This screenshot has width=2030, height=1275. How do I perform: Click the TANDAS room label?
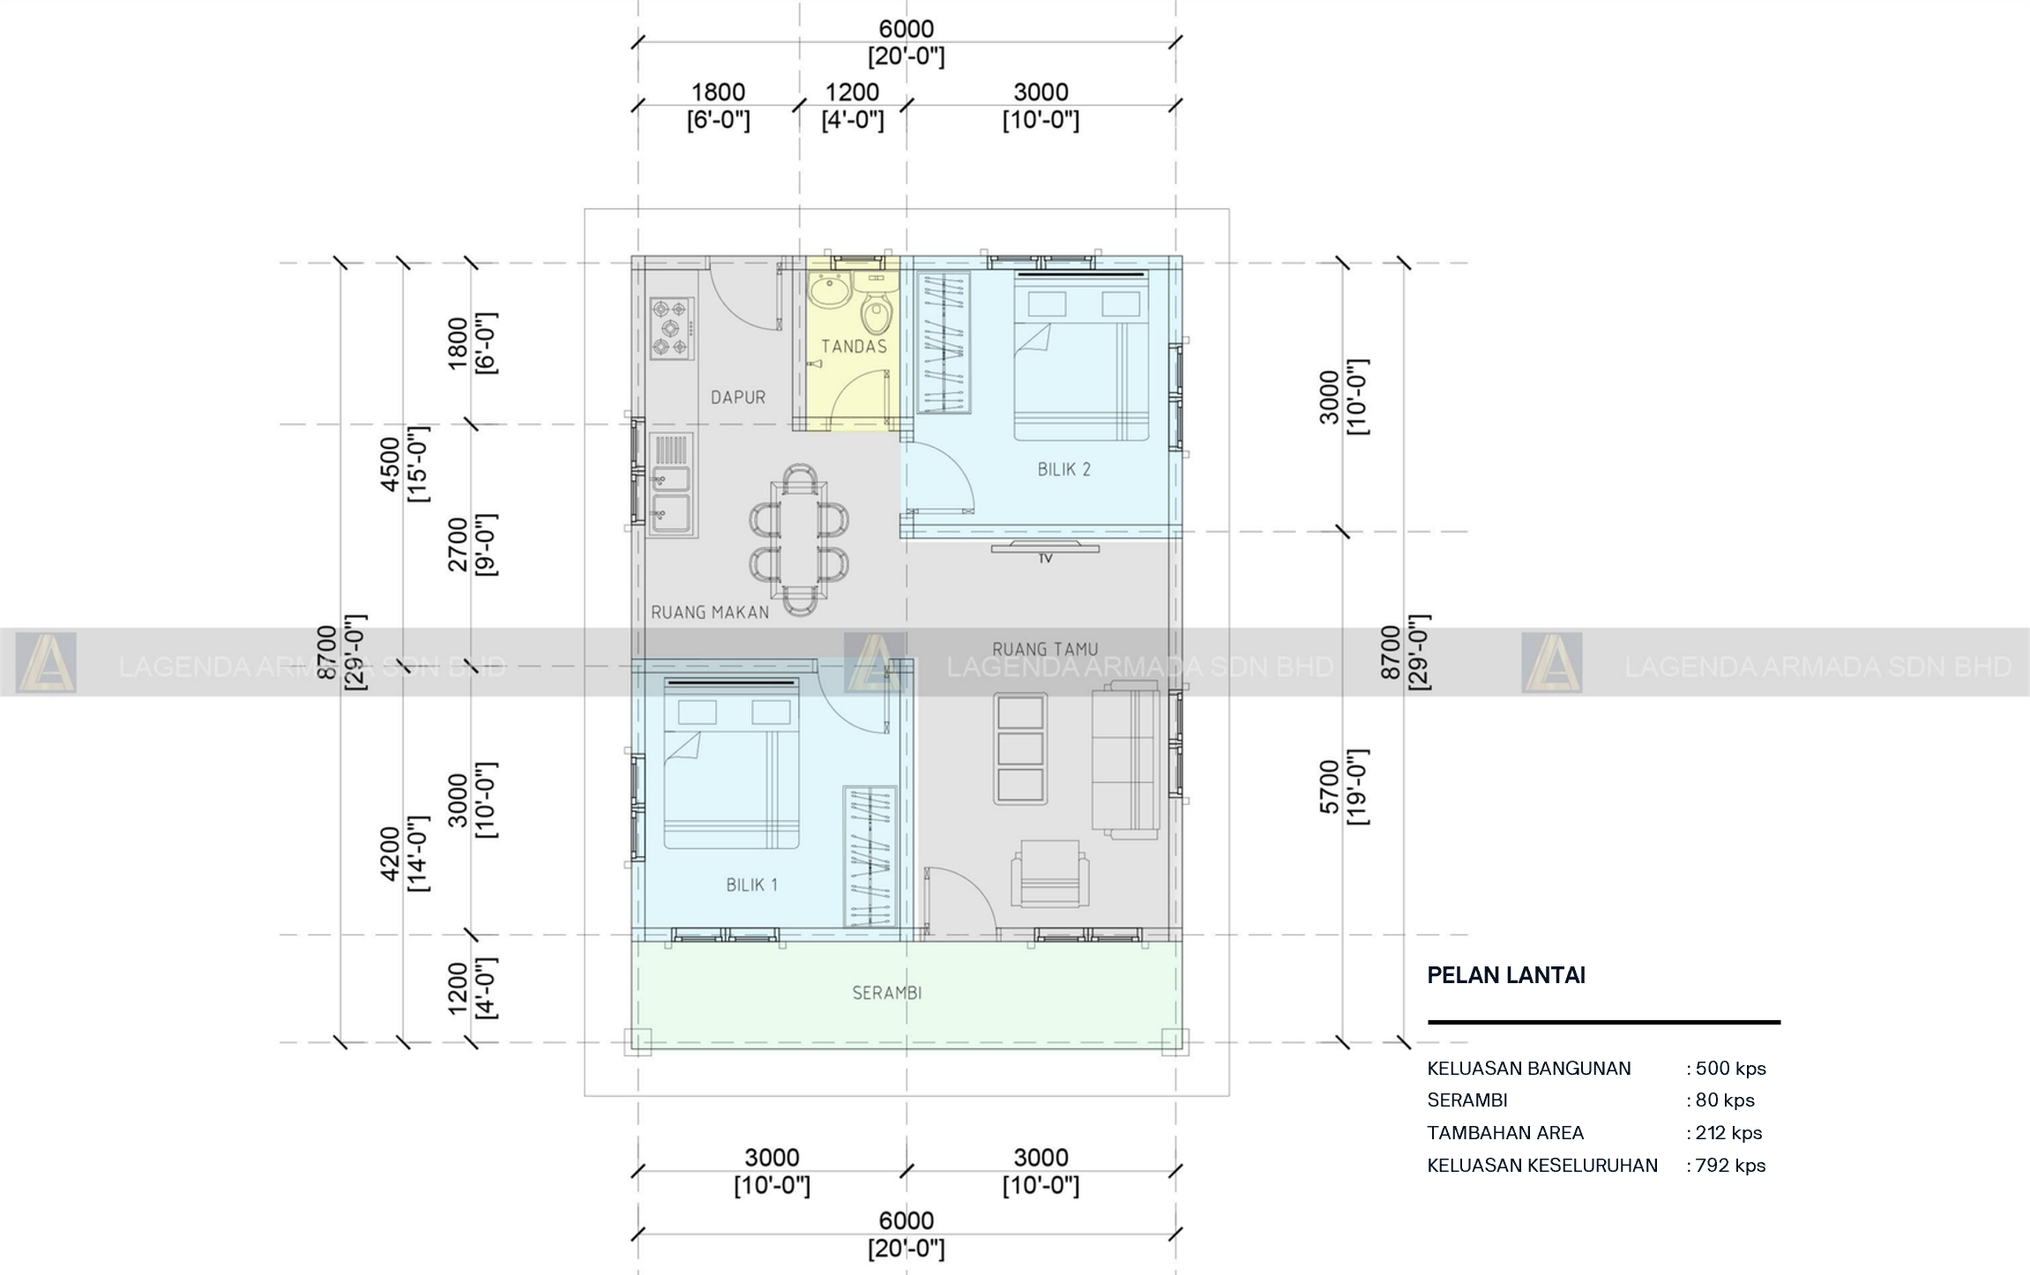click(x=854, y=347)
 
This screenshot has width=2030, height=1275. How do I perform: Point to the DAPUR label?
click(x=738, y=398)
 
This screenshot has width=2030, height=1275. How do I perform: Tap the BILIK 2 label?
click(x=1064, y=470)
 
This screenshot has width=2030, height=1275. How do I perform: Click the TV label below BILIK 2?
click(x=1045, y=558)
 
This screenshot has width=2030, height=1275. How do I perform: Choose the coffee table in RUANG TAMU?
click(x=1019, y=749)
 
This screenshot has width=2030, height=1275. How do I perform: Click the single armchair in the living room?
click(x=1049, y=873)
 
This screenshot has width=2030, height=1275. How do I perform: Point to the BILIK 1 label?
click(x=751, y=884)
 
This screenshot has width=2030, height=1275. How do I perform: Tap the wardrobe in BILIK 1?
click(x=869, y=856)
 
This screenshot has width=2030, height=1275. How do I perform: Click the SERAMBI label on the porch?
click(x=886, y=993)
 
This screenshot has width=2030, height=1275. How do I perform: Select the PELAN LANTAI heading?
click(x=1506, y=975)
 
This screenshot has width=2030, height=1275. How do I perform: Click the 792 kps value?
click(x=1730, y=1166)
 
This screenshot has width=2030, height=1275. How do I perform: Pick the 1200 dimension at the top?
click(x=852, y=92)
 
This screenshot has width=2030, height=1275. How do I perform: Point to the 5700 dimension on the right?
click(x=1330, y=787)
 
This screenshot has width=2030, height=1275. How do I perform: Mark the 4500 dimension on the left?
click(x=390, y=464)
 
